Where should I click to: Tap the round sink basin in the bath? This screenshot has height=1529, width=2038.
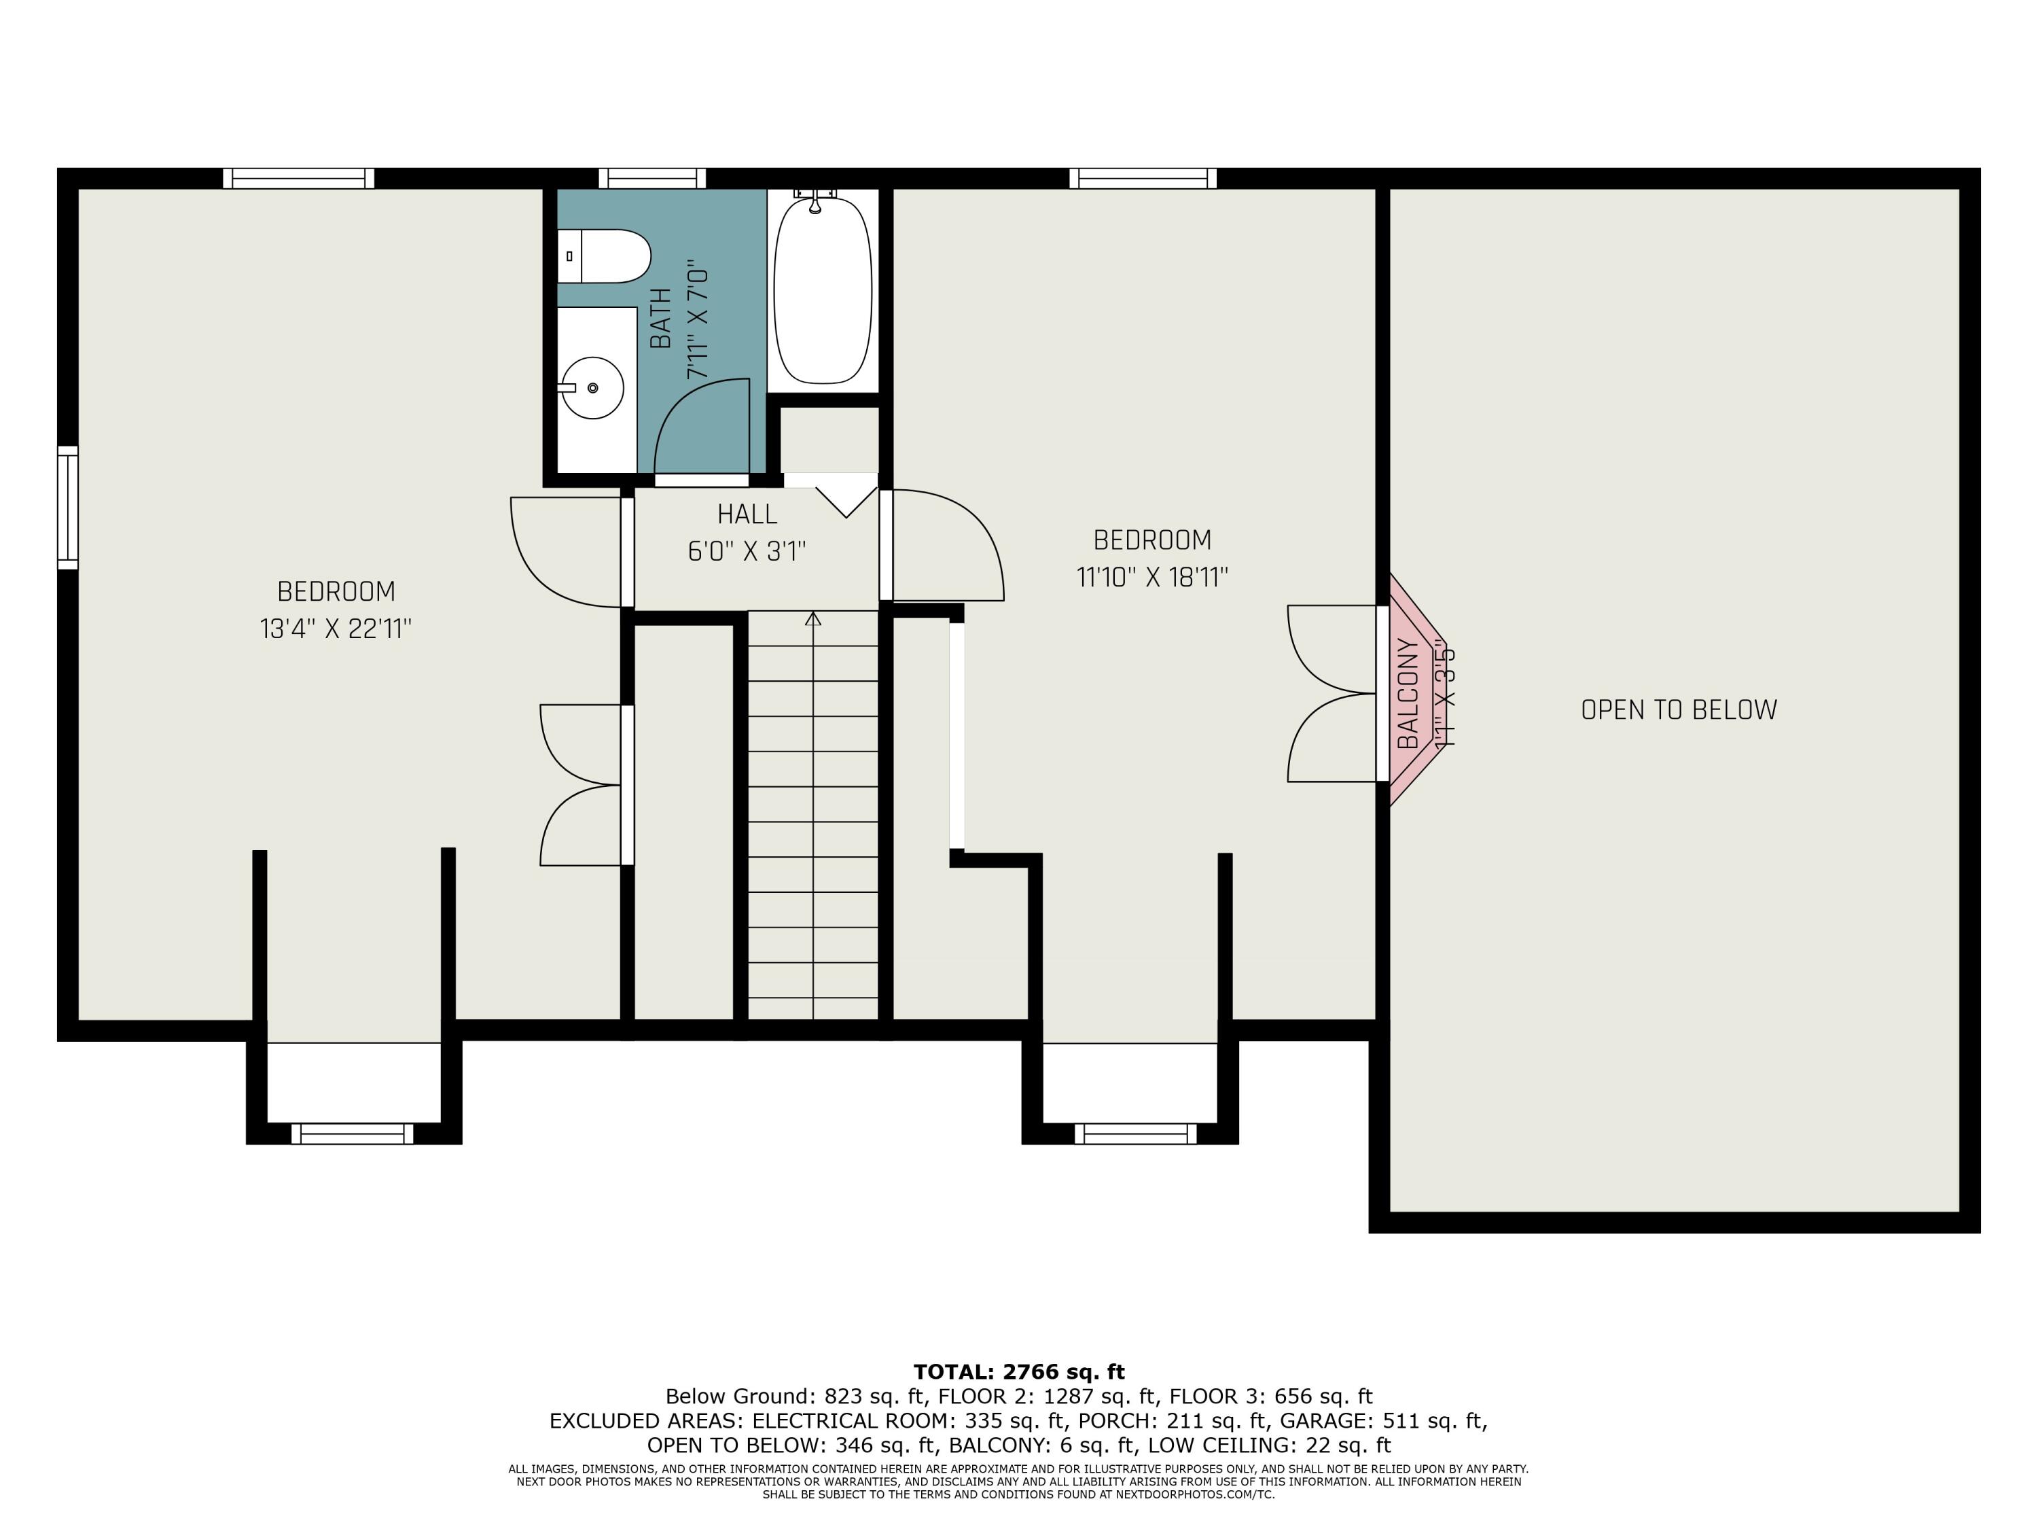(x=592, y=388)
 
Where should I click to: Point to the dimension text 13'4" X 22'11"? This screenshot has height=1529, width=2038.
(x=336, y=629)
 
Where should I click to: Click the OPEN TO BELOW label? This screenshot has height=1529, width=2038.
(x=1679, y=709)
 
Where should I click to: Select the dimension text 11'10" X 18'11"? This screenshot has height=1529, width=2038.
(x=1151, y=577)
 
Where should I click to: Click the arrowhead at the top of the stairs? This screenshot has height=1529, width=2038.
(x=812, y=619)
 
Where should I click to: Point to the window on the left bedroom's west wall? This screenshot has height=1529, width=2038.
(x=67, y=507)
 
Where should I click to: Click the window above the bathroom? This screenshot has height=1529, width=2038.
(x=652, y=178)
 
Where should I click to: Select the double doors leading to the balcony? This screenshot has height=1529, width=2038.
(x=1333, y=693)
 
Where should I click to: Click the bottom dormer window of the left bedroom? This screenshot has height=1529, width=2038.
(x=353, y=1133)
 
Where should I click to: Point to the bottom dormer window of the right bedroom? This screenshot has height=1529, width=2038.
(x=1135, y=1133)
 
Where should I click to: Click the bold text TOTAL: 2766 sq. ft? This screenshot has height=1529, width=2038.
(x=1018, y=1371)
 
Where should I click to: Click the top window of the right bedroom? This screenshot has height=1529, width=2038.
(x=1143, y=178)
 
